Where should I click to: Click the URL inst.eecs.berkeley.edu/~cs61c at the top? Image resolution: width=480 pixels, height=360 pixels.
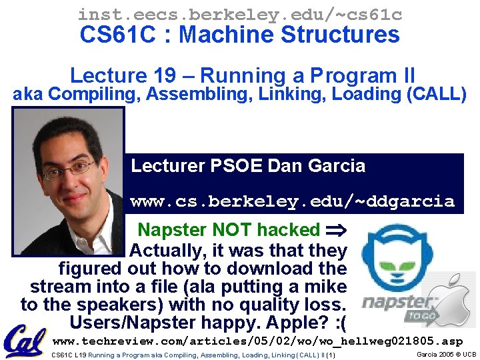tap(239, 13)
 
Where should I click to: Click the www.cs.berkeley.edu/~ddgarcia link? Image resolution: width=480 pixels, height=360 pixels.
tap(292, 201)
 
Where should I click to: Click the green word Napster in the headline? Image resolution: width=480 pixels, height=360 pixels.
tap(172, 231)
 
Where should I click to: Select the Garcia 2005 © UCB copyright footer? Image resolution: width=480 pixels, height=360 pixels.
tap(446, 354)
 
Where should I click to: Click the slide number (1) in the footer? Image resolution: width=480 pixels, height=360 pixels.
tap(331, 355)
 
